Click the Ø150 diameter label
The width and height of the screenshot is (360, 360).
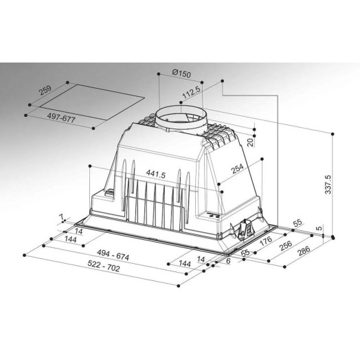(x=181, y=74)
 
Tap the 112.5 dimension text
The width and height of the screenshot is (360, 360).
(x=192, y=92)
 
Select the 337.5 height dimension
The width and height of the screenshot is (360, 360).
(x=328, y=184)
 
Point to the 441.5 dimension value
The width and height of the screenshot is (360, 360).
(x=156, y=175)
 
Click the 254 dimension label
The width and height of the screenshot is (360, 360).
(x=237, y=168)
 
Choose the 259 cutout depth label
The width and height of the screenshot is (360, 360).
(x=45, y=90)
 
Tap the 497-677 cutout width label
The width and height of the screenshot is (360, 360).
(x=61, y=118)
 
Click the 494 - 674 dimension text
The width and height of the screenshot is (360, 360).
(x=113, y=255)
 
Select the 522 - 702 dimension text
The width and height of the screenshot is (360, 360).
(x=104, y=266)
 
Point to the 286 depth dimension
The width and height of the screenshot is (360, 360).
(x=304, y=251)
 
